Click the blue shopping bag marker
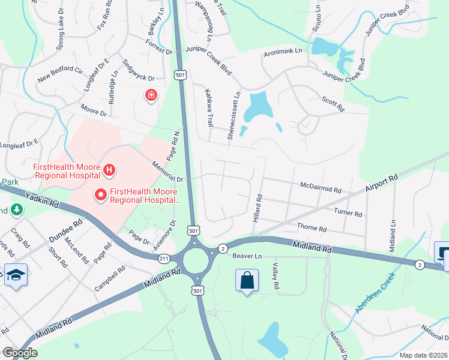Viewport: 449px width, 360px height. click(247, 280)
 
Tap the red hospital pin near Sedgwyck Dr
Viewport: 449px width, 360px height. click(151, 95)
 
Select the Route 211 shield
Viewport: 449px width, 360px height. click(164, 259)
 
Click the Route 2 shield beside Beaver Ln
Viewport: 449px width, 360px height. click(222, 248)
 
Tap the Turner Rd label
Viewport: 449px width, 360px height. click(349, 213)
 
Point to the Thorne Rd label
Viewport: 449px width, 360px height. click(312, 229)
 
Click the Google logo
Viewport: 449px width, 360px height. click(20, 353)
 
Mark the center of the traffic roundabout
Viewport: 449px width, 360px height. click(196, 260)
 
